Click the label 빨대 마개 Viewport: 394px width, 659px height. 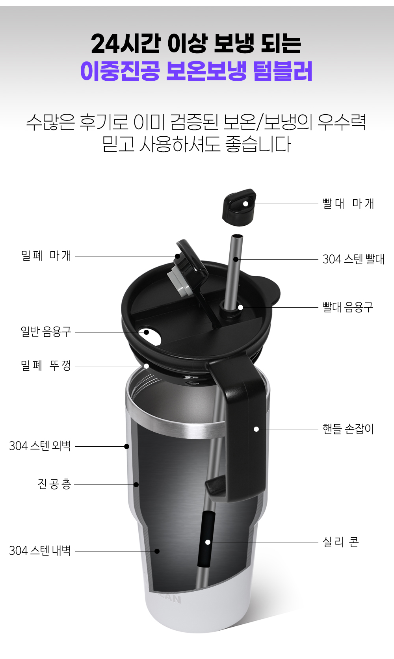[x=348, y=204]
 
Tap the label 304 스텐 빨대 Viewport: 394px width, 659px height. [x=353, y=259]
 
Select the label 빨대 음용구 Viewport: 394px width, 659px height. [x=348, y=307]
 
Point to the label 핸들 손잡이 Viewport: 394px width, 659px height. [x=348, y=429]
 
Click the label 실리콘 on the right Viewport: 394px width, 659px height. [x=341, y=542]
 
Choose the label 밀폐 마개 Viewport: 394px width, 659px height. [x=46, y=256]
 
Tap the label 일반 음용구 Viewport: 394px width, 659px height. [x=46, y=332]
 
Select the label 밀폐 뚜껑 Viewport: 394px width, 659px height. [x=46, y=366]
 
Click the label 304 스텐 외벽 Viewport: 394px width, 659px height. [x=40, y=446]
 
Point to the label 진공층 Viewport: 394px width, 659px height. [x=54, y=484]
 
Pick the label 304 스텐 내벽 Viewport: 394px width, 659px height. [x=40, y=551]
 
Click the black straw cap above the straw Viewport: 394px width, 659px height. [x=239, y=207]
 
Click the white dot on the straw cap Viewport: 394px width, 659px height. [x=246, y=204]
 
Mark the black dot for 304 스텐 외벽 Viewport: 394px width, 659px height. [x=127, y=446]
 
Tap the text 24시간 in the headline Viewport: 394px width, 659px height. [x=126, y=44]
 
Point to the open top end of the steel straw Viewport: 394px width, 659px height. [x=238, y=236]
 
